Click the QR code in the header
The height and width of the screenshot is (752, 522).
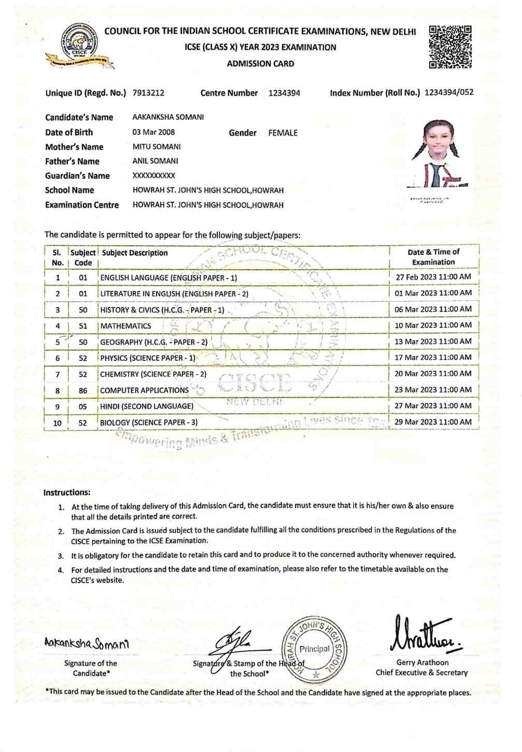coord(450,47)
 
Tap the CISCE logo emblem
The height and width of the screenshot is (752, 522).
coord(79,45)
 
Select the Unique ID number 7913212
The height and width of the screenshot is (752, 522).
coord(148,93)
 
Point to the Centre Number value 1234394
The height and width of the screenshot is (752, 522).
coord(284,93)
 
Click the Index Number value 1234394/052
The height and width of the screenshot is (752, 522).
coord(448,93)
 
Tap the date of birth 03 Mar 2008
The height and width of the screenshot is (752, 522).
coord(153,132)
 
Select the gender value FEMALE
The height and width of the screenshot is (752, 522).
coord(283,133)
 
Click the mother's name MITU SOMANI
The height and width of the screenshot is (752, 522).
coord(156,146)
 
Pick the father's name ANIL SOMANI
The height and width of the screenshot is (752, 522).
coord(155,161)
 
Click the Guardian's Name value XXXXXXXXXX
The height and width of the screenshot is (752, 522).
coord(154,175)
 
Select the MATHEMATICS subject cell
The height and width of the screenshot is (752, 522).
coord(126,326)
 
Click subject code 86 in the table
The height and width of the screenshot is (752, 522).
coord(83,391)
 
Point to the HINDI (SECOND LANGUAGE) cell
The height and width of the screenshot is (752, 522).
coord(147,407)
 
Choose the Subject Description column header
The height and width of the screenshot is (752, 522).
coord(135,253)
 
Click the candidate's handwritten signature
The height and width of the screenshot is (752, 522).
coord(86,643)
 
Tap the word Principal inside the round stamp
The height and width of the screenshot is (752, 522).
coord(314,649)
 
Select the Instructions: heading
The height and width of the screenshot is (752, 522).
coord(67,493)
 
